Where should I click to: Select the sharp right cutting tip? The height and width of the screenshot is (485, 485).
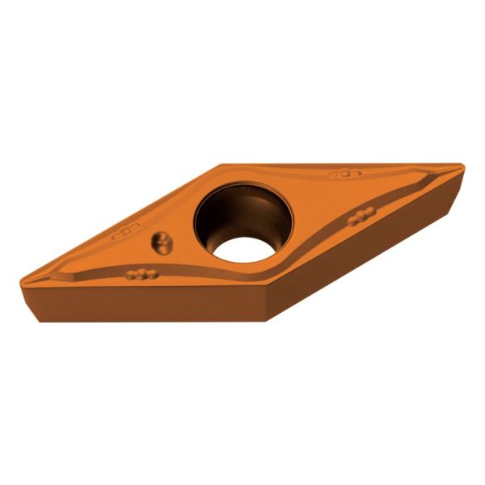pyautogui.click(x=463, y=167)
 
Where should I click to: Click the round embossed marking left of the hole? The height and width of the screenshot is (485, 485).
pyautogui.click(x=162, y=242)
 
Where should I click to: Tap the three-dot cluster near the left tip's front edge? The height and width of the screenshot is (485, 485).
pyautogui.click(x=141, y=273)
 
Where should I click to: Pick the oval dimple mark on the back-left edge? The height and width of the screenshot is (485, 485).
pyautogui.click(x=125, y=230)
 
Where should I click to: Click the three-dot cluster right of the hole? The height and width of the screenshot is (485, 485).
pyautogui.click(x=361, y=216)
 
